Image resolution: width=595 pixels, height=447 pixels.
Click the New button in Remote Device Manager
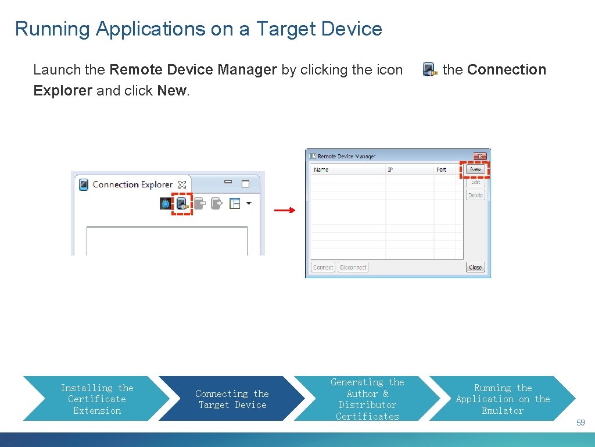tap(475, 169)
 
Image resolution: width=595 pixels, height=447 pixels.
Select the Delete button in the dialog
tap(475, 196)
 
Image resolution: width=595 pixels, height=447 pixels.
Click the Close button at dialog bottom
tap(475, 267)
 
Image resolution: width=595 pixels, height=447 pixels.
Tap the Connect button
tap(323, 267)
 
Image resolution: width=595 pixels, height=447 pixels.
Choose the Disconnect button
tap(353, 267)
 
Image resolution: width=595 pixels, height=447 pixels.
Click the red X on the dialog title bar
tap(480, 156)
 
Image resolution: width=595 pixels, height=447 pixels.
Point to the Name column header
tap(321, 169)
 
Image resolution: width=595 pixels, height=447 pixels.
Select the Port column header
tap(442, 169)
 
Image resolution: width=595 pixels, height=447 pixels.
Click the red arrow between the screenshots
tap(284, 211)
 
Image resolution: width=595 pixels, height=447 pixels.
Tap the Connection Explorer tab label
tap(132, 185)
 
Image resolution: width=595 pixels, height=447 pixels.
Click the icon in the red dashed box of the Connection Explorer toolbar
tap(182, 204)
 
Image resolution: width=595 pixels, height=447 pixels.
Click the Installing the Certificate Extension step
tap(97, 399)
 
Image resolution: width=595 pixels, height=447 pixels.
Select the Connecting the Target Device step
tap(232, 399)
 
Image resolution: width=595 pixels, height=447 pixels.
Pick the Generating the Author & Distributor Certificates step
tap(367, 399)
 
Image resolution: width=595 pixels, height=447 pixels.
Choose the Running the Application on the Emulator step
tap(503, 399)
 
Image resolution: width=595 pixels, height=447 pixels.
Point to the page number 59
tap(580, 423)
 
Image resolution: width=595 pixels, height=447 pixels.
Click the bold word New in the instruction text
tap(171, 91)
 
